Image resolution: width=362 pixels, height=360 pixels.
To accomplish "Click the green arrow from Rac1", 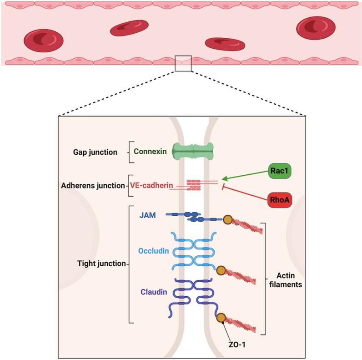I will pos(246,178).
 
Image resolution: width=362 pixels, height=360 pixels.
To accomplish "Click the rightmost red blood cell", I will pos(316,27).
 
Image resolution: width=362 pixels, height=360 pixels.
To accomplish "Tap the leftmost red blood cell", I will pos(43,40).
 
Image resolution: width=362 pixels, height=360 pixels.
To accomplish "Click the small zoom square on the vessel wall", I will pos(183,63).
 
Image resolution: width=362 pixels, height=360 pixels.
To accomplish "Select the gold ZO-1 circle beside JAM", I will pos(227,220).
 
